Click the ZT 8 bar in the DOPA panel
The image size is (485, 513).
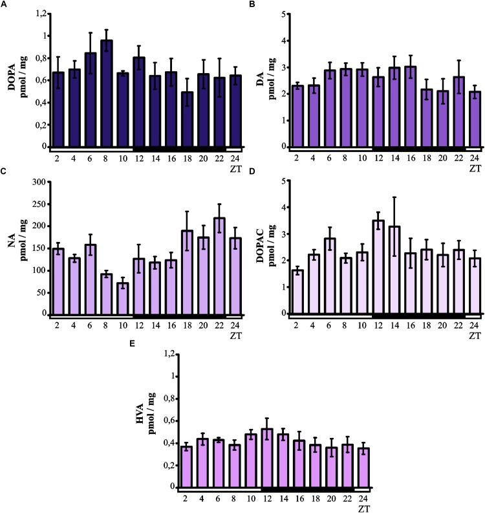click(x=107, y=94)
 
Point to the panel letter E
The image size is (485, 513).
click(x=132, y=344)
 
